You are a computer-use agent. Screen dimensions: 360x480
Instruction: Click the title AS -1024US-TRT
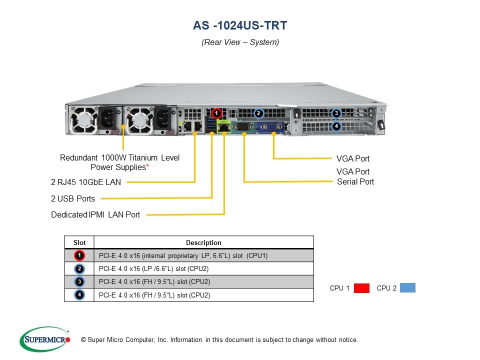[240, 25]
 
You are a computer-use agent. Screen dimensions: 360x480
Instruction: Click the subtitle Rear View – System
[240, 42]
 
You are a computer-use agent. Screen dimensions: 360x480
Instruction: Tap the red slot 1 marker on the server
[216, 113]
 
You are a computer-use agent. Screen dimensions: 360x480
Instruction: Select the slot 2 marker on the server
[258, 113]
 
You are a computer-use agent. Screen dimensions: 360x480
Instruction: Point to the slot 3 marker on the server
[336, 113]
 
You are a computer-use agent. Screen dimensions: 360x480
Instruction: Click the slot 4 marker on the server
[336, 126]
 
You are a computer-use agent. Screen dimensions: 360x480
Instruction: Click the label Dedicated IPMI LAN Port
[95, 214]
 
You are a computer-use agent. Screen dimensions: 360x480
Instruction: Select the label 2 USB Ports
[73, 198]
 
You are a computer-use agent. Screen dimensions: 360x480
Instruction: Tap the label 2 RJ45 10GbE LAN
[86, 182]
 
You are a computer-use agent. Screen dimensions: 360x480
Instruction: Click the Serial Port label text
[355, 181]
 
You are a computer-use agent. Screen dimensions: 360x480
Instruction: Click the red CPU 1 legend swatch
[361, 288]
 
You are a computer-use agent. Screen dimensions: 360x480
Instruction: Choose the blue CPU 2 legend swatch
[407, 288]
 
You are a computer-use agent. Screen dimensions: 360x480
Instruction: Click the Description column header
[203, 242]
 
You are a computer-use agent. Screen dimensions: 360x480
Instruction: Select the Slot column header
[79, 242]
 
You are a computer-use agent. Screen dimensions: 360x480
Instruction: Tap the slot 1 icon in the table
[79, 256]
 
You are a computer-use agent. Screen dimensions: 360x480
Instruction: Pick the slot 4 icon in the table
[79, 295]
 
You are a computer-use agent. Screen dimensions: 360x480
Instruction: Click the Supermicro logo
[45, 339]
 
